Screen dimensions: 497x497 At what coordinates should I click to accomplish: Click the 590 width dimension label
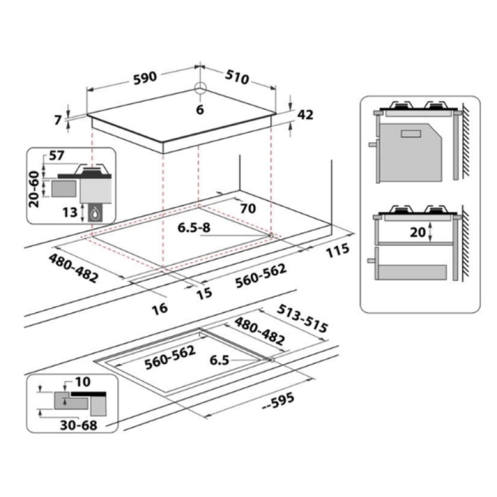click(x=145, y=78)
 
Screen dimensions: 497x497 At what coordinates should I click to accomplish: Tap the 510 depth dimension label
click(x=237, y=77)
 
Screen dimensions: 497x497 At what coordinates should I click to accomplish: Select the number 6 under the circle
click(x=199, y=110)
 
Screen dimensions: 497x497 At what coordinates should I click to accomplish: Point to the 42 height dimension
click(x=305, y=114)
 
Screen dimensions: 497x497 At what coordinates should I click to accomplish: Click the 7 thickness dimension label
click(x=57, y=120)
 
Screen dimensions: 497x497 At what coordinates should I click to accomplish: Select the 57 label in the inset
click(x=57, y=155)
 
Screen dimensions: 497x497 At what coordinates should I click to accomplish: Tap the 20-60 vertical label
click(x=34, y=189)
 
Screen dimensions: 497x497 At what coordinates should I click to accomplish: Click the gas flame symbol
click(x=95, y=214)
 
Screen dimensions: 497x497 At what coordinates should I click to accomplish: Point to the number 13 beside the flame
click(x=70, y=212)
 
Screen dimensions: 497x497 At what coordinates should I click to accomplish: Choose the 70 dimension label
click(x=248, y=208)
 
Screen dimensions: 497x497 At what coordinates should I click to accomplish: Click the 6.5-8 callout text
click(x=194, y=227)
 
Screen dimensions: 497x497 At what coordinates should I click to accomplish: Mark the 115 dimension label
click(x=337, y=251)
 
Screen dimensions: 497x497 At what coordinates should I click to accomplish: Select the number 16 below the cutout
click(x=160, y=308)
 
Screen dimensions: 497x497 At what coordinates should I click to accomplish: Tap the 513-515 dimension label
click(x=302, y=319)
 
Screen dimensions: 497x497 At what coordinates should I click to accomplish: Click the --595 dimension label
click(x=278, y=401)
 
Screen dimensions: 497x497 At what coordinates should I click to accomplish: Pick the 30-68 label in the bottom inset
click(x=79, y=425)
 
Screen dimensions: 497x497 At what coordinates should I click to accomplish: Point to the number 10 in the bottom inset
click(x=83, y=381)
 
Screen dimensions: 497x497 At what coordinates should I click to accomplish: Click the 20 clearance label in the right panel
click(x=417, y=232)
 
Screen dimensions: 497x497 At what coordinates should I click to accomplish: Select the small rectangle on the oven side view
click(x=411, y=134)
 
